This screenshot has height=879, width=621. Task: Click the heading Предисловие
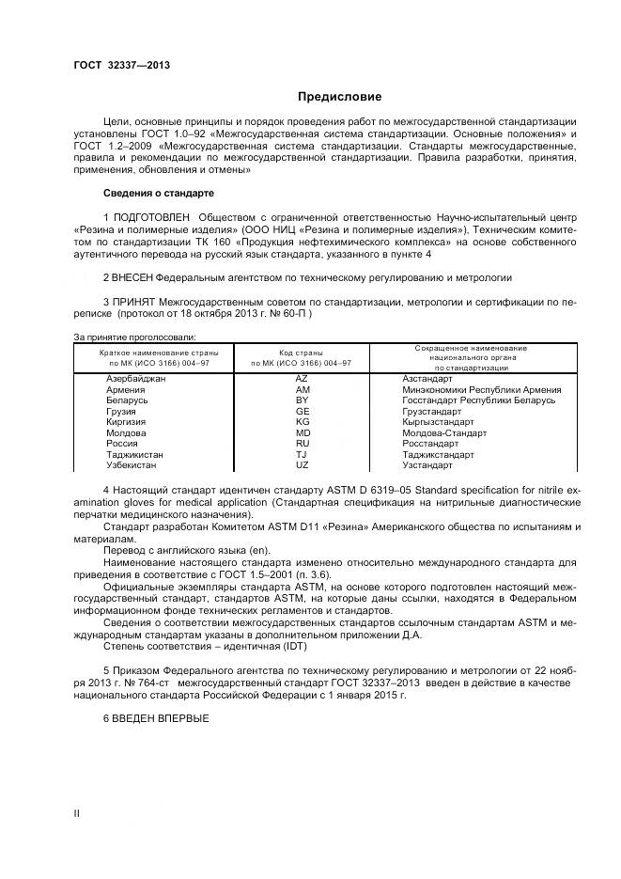point(339,96)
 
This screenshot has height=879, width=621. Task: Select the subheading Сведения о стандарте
point(158,193)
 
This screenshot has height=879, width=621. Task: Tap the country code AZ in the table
point(303,378)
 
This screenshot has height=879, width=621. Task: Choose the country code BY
point(303,400)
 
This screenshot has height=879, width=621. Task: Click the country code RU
point(303,444)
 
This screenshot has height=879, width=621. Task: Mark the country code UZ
point(303,465)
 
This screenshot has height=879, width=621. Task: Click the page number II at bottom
point(76,812)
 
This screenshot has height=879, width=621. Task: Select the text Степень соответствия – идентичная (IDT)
point(207,648)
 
